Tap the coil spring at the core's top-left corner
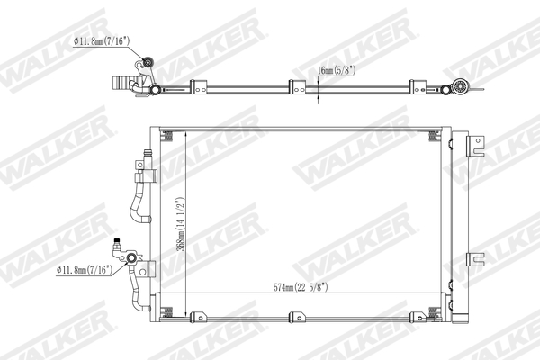click(167, 137)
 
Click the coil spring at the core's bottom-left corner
click(167, 311)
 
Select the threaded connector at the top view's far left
click(119, 83)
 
